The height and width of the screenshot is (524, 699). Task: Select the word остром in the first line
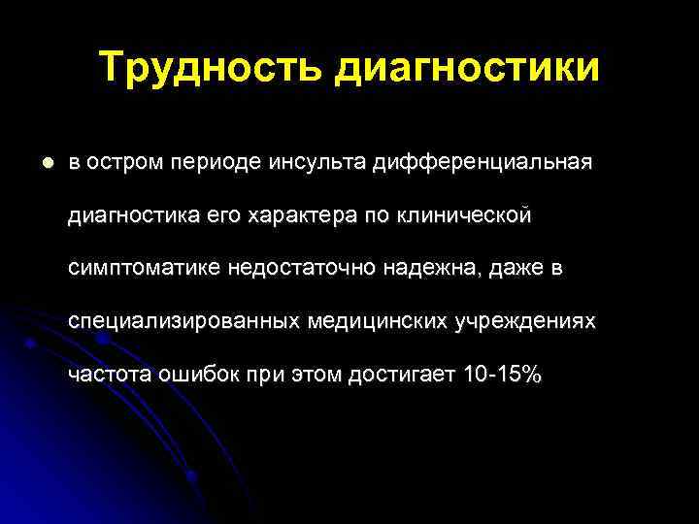click(x=123, y=162)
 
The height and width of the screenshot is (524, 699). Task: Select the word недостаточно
click(x=296, y=268)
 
